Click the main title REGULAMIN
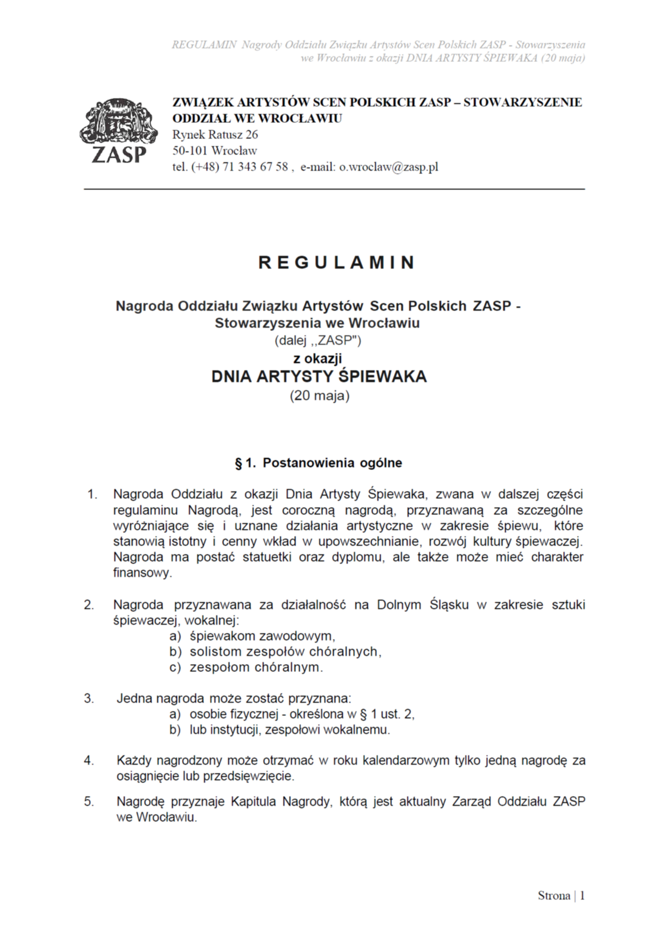point(336,262)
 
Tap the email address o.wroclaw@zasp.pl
point(388,167)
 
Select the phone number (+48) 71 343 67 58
point(239,167)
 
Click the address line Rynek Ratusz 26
point(215,135)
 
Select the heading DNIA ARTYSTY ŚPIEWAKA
point(319,377)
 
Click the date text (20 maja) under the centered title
point(319,395)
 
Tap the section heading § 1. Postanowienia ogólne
point(318,463)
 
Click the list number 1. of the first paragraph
point(92,495)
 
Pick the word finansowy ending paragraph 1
point(142,573)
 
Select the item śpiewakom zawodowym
point(262,636)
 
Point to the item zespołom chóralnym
point(256,667)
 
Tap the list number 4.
point(89,760)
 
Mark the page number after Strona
point(582,895)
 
